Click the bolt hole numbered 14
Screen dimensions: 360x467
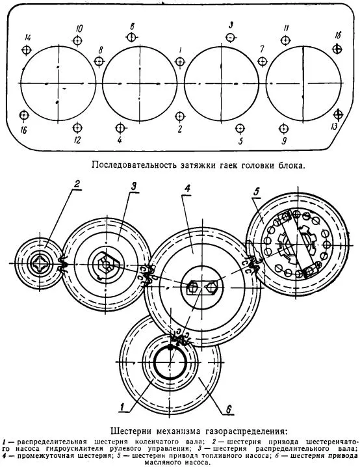[27, 49]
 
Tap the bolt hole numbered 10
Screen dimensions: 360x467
[77, 40]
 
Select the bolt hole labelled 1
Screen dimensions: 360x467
[180, 62]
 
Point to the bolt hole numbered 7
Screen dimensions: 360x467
[262, 62]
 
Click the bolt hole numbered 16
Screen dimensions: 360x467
[24, 114]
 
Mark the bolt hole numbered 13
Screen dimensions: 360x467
[338, 114]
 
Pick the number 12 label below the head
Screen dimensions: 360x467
[77, 140]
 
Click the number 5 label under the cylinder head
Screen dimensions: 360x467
[240, 141]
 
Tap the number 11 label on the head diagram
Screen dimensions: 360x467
[286, 29]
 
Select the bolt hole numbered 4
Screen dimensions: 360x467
[120, 128]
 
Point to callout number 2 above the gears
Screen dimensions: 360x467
[77, 184]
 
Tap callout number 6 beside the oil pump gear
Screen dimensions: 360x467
[229, 409]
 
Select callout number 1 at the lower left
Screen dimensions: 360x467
[122, 407]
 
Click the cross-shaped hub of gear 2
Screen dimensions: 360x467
[40, 263]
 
